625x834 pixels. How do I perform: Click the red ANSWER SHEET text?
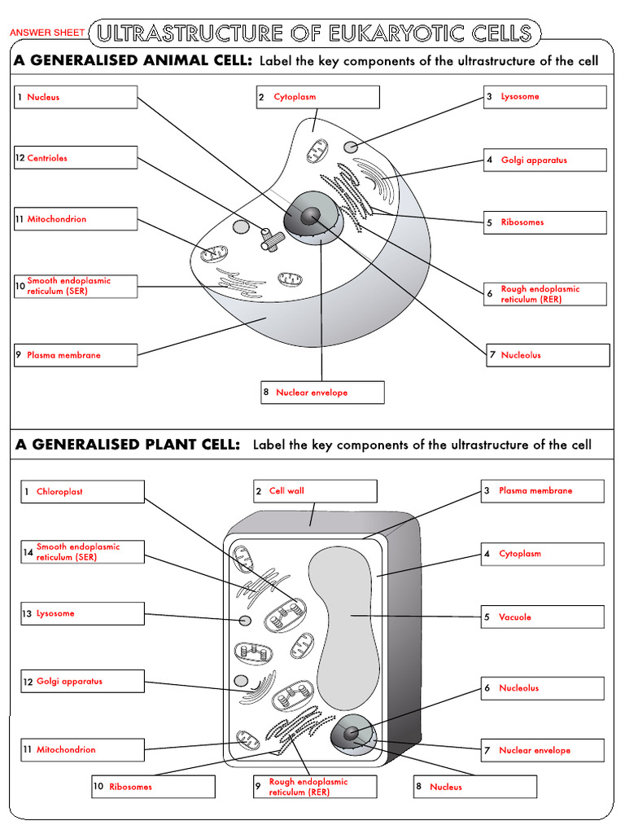[46, 33]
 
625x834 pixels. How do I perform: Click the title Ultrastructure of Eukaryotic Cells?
[314, 33]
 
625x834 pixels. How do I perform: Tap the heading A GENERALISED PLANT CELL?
[127, 445]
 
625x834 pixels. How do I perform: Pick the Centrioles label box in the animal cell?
[76, 158]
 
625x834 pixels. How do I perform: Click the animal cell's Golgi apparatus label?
[545, 160]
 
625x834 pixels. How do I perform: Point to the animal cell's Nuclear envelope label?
[322, 393]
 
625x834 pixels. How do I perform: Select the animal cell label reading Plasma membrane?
[76, 355]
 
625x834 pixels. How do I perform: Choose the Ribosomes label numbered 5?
[545, 222]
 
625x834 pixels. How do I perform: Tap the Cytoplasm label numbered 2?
[317, 97]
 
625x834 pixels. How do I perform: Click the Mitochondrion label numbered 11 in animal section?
[76, 219]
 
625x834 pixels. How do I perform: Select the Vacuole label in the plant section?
[542, 617]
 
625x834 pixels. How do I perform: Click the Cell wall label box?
[315, 491]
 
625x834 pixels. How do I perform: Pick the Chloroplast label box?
[82, 492]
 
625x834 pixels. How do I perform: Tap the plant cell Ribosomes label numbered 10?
[153, 787]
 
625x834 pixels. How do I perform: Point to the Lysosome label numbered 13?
[82, 614]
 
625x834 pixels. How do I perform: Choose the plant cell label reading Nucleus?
[475, 787]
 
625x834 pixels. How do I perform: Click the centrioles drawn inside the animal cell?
[270, 238]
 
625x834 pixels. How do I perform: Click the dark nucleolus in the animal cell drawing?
[310, 215]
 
